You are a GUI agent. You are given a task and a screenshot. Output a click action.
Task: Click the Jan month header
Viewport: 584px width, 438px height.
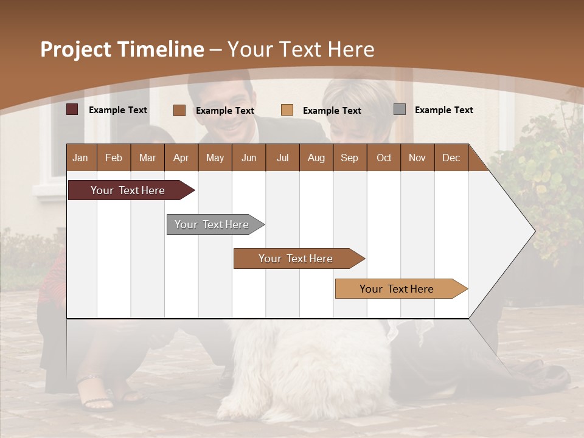[x=80, y=158]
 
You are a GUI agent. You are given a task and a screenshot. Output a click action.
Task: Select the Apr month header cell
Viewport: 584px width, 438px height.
[x=181, y=158]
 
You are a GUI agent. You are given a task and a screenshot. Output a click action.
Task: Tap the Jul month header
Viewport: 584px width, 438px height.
[x=282, y=158]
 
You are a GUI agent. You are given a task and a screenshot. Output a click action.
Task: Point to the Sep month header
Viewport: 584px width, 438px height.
[x=349, y=158]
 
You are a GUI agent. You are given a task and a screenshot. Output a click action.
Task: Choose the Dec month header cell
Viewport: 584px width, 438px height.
[x=451, y=158]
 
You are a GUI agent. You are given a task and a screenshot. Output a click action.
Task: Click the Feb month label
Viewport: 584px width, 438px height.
[x=114, y=158]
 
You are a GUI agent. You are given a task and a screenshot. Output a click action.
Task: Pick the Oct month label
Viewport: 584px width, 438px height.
[x=384, y=158]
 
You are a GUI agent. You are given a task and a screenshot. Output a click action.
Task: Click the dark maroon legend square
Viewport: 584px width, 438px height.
[x=72, y=109]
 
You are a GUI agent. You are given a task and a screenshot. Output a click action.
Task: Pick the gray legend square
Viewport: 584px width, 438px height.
[x=400, y=109]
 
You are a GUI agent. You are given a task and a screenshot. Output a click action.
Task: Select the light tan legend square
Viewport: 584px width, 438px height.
[x=287, y=110]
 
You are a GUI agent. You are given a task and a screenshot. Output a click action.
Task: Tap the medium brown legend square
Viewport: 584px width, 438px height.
[x=179, y=110]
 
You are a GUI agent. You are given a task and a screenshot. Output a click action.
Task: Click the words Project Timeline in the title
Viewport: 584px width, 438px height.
[x=122, y=49]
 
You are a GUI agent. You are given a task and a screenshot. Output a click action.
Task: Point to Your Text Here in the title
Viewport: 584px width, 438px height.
[x=301, y=49]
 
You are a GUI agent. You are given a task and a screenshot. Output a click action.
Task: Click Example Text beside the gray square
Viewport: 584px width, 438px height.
[x=443, y=110]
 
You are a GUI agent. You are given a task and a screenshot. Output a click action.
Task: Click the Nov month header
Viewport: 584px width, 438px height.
[x=417, y=158]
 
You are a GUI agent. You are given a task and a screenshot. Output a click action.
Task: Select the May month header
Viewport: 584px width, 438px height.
[x=215, y=158]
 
